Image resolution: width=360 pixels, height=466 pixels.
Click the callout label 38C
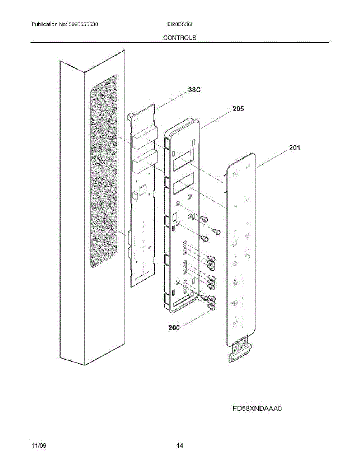(194, 90)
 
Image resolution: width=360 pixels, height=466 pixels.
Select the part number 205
(238, 109)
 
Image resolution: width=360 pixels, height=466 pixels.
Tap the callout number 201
(294, 148)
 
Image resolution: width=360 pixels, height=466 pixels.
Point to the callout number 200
(174, 328)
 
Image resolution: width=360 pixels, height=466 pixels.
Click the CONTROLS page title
(179, 38)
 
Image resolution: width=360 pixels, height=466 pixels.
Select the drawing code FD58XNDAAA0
(257, 409)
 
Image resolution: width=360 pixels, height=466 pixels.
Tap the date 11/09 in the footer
(39, 446)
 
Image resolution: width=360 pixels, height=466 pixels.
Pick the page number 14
(179, 446)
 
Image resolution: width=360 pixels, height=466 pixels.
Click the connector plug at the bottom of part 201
(240, 351)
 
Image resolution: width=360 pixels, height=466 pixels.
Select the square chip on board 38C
(142, 189)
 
